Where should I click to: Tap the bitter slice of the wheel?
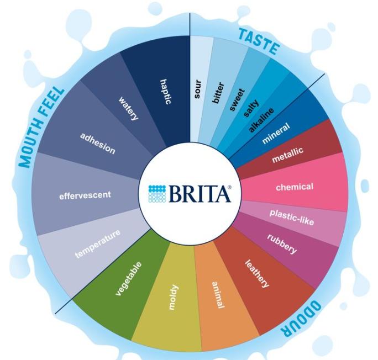click(218, 93)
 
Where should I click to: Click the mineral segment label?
click(276, 133)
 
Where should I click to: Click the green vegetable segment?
click(129, 278)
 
